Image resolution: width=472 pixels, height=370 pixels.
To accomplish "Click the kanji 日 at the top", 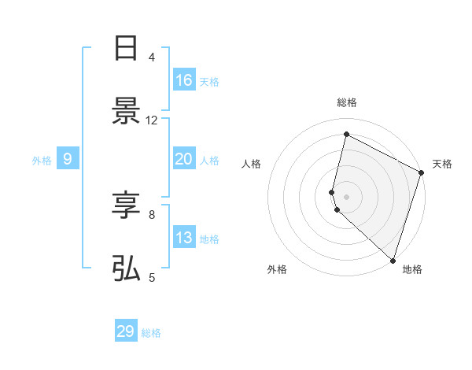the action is pyautogui.click(x=126, y=49).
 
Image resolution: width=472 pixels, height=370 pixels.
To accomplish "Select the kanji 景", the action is pyautogui.click(x=126, y=112).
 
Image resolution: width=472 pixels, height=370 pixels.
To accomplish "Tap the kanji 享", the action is pyautogui.click(x=126, y=206).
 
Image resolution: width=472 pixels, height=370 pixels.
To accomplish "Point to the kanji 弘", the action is pyautogui.click(x=126, y=269).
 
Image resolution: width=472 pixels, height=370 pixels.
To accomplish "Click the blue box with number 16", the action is pyautogui.click(x=184, y=80).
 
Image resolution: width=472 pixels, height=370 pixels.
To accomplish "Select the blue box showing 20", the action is pyautogui.click(x=184, y=159).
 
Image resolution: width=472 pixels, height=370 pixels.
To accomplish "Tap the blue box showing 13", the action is pyautogui.click(x=184, y=238).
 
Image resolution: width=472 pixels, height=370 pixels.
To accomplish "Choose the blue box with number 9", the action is pyautogui.click(x=68, y=159).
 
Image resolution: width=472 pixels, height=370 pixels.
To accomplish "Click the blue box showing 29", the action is pyautogui.click(x=126, y=331).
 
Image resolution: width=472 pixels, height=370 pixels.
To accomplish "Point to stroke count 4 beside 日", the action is pyautogui.click(x=152, y=57).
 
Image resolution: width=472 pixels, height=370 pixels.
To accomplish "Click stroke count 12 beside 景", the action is pyautogui.click(x=152, y=120).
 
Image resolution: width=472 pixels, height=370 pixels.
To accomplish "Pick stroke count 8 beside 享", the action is pyautogui.click(x=152, y=214).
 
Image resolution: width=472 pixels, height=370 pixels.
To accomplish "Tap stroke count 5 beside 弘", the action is pyautogui.click(x=152, y=277).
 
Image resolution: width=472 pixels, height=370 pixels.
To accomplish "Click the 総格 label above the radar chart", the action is pyautogui.click(x=347, y=102).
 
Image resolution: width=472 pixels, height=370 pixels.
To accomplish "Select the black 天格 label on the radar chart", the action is pyautogui.click(x=442, y=164).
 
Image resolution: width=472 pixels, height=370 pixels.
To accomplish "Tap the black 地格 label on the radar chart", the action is pyautogui.click(x=412, y=270).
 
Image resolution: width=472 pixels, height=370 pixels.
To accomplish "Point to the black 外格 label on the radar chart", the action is pyautogui.click(x=277, y=270).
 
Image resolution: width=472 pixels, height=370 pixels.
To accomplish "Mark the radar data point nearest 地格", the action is pyautogui.click(x=393, y=260).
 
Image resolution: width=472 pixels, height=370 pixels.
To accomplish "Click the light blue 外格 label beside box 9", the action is pyautogui.click(x=42, y=160).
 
